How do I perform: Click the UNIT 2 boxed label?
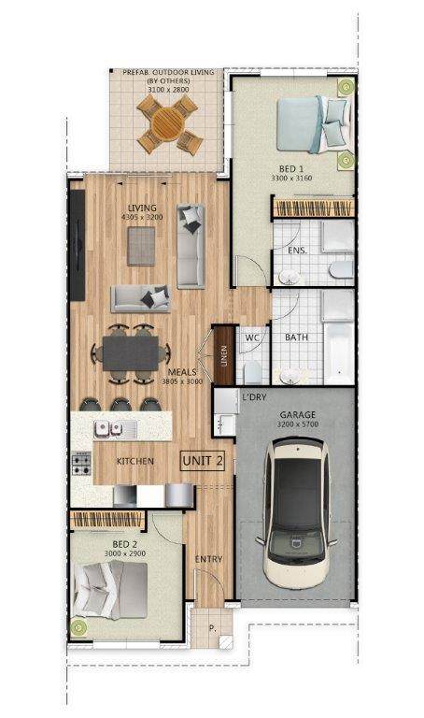(x=203, y=461)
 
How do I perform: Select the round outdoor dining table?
(x=168, y=124)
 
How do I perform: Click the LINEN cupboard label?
(x=223, y=356)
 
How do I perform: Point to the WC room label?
(x=252, y=337)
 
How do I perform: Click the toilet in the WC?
(x=252, y=372)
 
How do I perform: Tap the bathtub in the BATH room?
(x=338, y=352)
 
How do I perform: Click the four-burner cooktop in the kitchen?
(x=81, y=464)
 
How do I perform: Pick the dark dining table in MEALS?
(x=131, y=353)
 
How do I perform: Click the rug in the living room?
(x=141, y=247)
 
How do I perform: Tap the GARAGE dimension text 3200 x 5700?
(x=298, y=424)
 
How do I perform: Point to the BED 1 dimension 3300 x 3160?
(x=291, y=178)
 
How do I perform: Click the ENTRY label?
(x=208, y=559)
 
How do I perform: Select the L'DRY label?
(x=254, y=397)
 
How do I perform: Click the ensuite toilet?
(x=342, y=269)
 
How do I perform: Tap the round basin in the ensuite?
(x=290, y=277)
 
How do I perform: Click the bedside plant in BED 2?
(x=78, y=626)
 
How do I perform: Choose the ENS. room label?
(x=297, y=251)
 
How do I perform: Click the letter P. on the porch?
(x=212, y=628)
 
